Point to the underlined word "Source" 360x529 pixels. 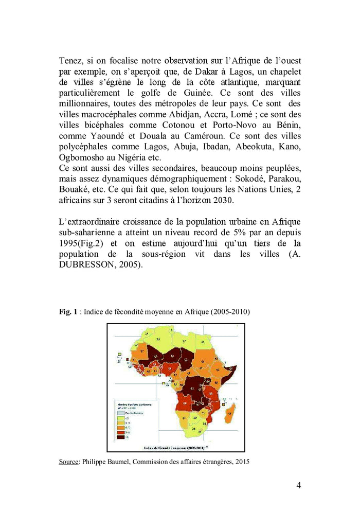[68, 462]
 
